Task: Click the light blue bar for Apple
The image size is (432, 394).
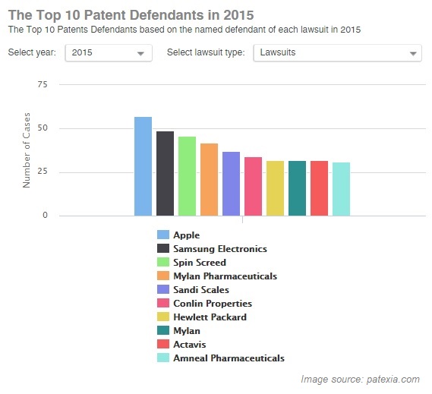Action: (x=143, y=166)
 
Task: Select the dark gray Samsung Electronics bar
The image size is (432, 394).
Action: (x=165, y=173)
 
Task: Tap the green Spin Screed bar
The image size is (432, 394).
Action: (x=187, y=176)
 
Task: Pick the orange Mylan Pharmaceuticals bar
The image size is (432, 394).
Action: (x=209, y=179)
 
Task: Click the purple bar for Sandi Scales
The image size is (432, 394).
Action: (x=231, y=184)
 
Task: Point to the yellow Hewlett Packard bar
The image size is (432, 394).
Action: (x=275, y=188)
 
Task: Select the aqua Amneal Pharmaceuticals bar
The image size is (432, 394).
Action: (x=341, y=189)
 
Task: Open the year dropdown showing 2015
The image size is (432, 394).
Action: (x=109, y=53)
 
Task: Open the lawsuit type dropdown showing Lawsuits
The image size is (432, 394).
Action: (x=336, y=53)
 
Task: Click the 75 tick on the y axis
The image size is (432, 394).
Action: (x=43, y=85)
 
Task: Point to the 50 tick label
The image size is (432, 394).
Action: (x=43, y=128)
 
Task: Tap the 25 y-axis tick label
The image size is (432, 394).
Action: (x=43, y=172)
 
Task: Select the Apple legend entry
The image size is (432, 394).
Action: (x=186, y=235)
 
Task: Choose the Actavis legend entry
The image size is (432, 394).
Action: (x=189, y=345)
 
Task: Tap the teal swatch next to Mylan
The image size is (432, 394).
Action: (x=162, y=331)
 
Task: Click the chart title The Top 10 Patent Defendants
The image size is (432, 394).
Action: (x=131, y=14)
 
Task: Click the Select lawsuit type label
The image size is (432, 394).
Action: (x=205, y=52)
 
